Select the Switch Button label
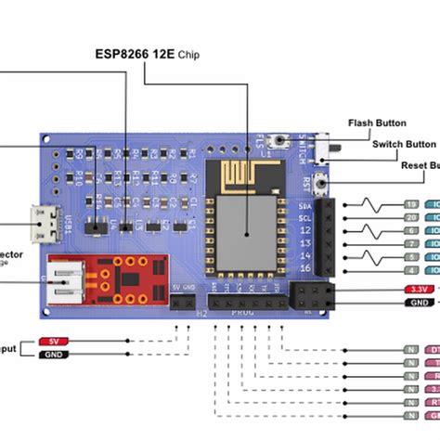(x=403, y=144)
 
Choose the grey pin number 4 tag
(x=410, y=270)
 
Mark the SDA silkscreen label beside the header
(x=304, y=205)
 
